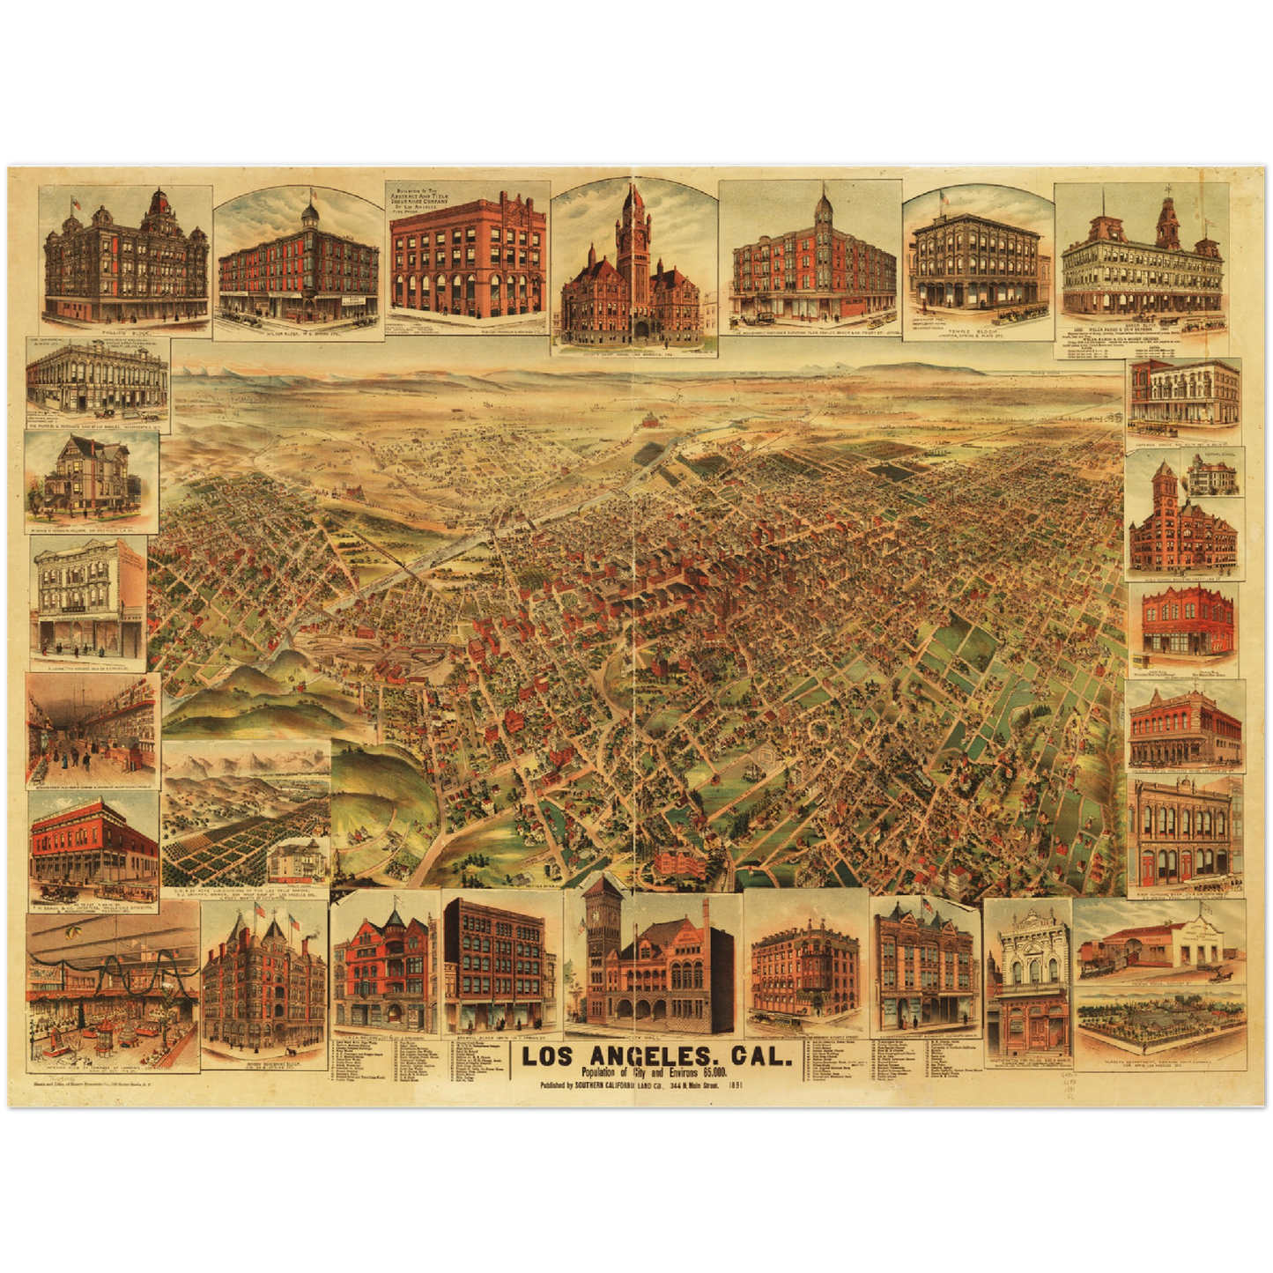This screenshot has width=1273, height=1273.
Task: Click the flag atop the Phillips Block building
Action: pos(76,203)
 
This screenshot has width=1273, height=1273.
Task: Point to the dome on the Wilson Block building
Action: pos(309,214)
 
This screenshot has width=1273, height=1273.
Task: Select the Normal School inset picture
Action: pos(1213,476)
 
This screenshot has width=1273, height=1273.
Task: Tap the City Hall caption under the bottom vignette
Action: pos(653,1040)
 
